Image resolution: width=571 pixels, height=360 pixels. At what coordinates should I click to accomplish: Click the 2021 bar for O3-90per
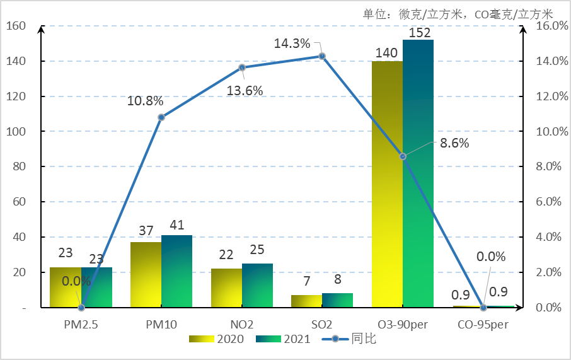tap(418, 173)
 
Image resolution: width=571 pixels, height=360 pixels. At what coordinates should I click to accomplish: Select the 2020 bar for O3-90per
tap(387, 184)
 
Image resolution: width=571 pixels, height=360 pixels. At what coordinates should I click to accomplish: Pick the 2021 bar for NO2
tap(257, 286)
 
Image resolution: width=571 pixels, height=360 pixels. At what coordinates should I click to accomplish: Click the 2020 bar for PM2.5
tap(66, 287)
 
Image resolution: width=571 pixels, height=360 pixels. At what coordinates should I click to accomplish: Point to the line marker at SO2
tap(322, 56)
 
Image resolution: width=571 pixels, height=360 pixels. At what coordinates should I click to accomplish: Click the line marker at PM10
tap(161, 117)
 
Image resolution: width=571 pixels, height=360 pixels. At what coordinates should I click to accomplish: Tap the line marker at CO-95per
tap(483, 308)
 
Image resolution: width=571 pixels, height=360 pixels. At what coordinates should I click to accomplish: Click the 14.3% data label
tap(292, 44)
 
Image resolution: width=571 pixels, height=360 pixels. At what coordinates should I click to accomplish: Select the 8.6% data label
tap(454, 143)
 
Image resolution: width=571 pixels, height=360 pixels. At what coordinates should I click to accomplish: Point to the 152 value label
tap(420, 33)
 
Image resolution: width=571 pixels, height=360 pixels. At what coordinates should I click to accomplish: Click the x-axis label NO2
tap(242, 325)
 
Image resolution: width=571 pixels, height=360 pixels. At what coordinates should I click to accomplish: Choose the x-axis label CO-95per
tap(483, 325)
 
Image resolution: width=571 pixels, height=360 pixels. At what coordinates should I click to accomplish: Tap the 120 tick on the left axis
tap(17, 96)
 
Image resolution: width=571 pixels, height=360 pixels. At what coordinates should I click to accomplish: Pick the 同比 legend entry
tap(350, 339)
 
